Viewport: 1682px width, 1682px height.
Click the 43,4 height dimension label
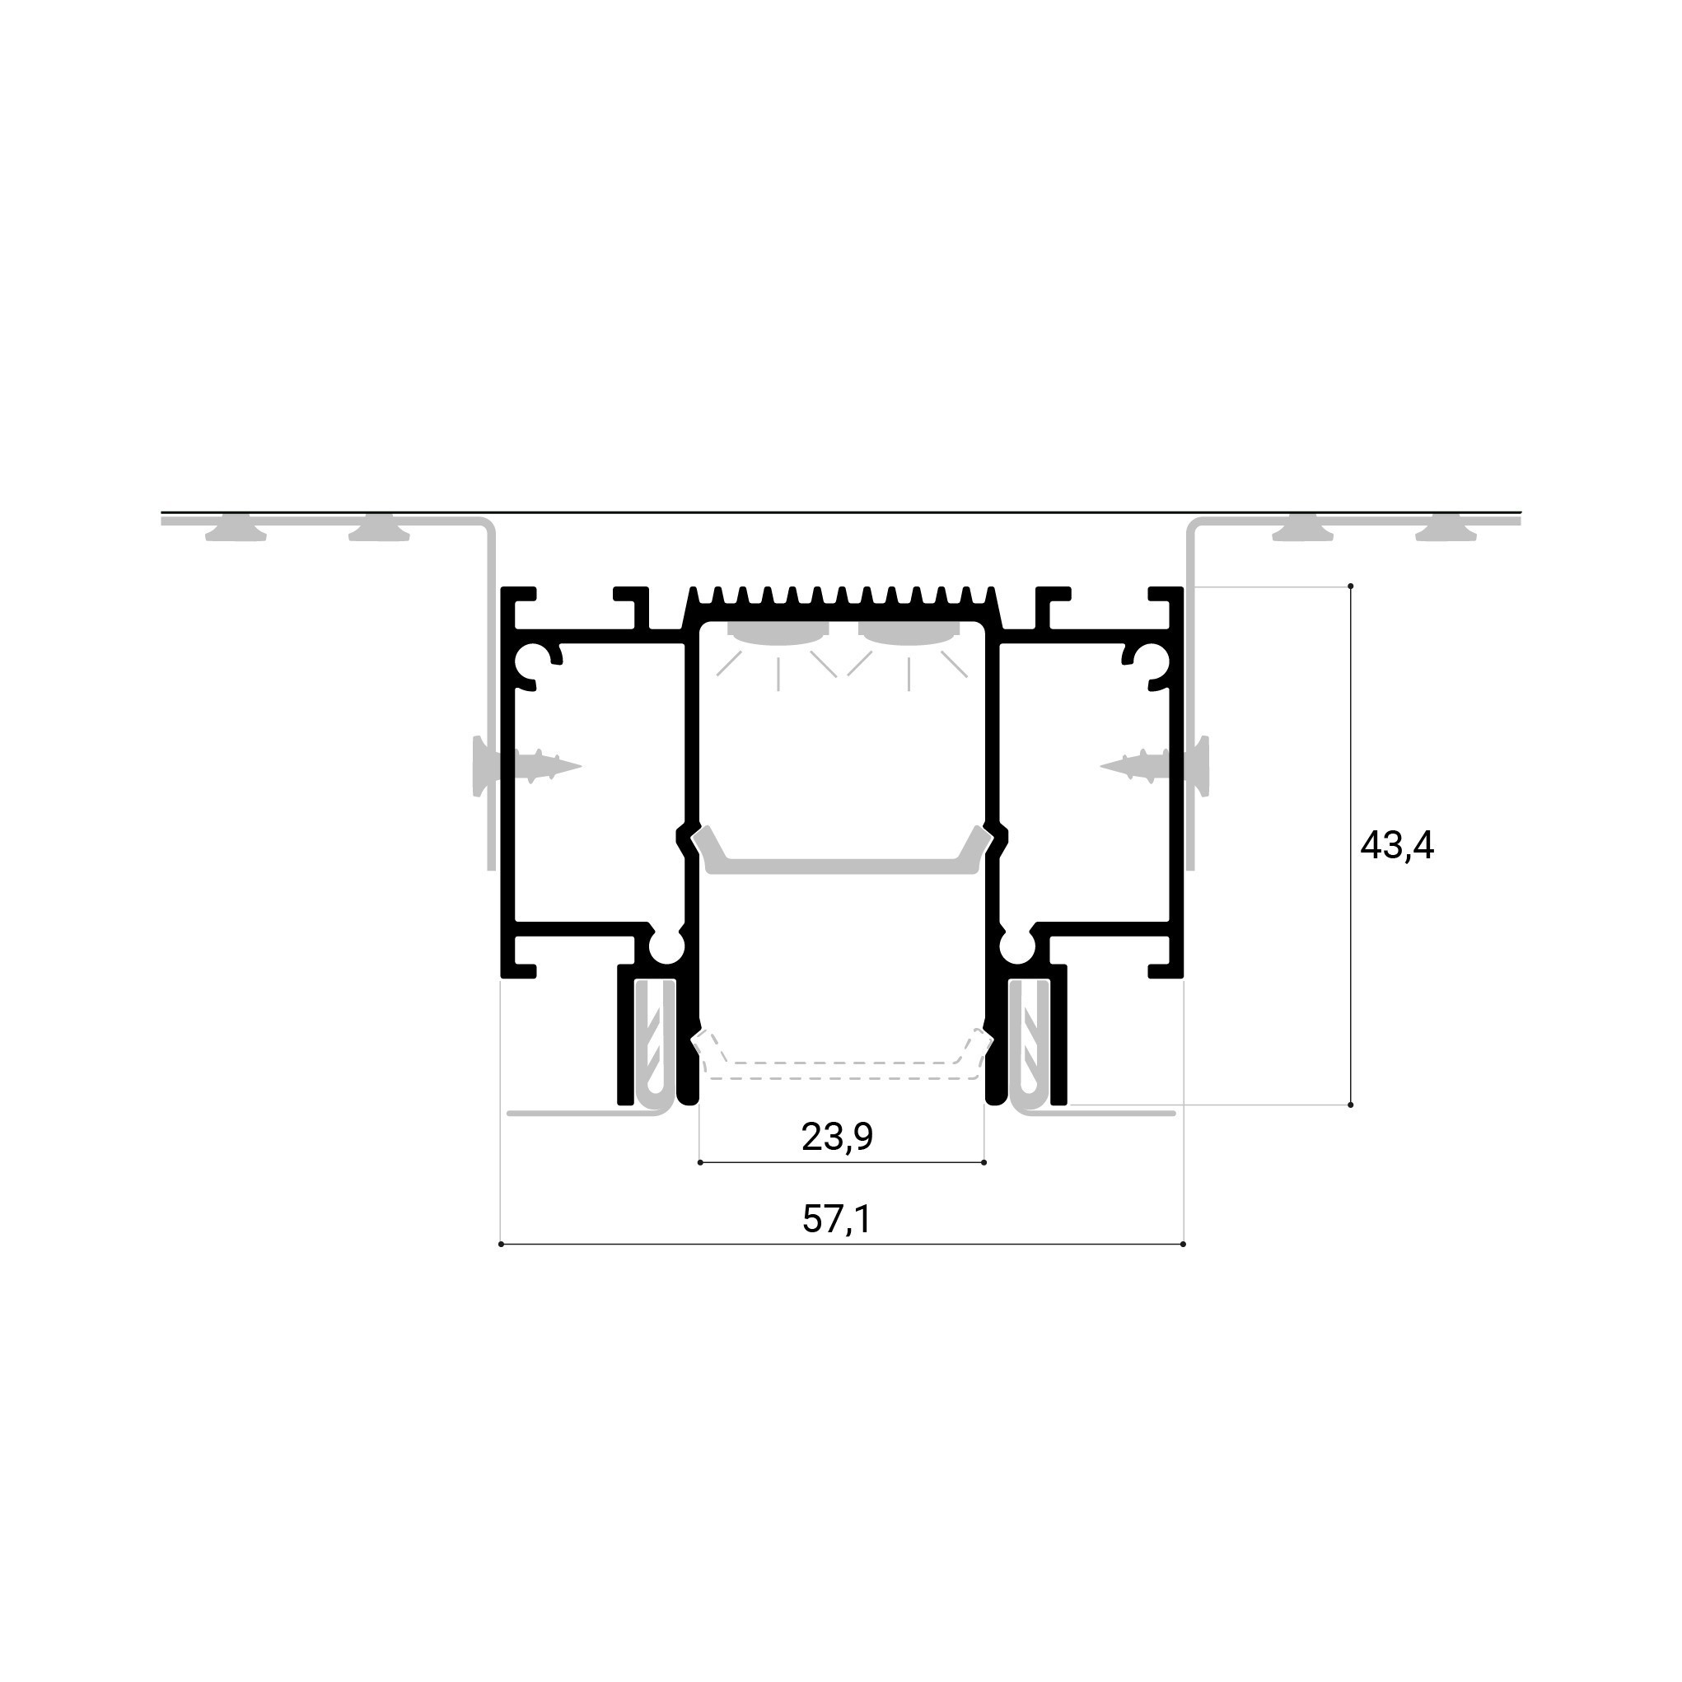[x=1396, y=845]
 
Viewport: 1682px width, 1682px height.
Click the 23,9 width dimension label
[x=837, y=1137]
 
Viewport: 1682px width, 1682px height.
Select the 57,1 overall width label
[x=836, y=1219]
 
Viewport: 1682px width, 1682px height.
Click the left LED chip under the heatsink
[x=779, y=633]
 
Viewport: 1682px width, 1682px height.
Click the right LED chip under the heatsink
[x=909, y=633]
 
